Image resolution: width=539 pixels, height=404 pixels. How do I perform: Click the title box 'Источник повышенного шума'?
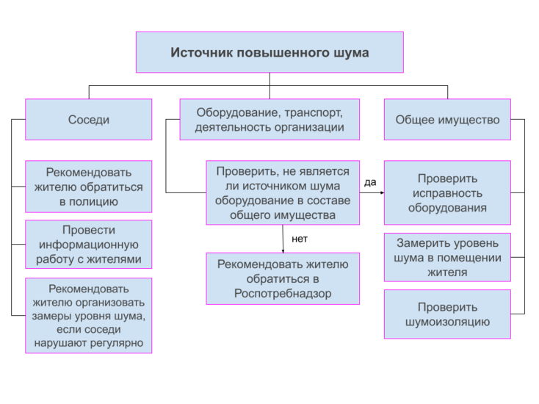coord(269,52)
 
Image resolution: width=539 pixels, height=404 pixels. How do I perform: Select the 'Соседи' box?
coord(89,120)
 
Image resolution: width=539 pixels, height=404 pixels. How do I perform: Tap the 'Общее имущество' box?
coord(447,120)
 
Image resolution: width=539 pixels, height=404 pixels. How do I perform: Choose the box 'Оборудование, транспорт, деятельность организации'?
coord(269,120)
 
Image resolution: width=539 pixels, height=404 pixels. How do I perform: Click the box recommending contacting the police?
coord(89,187)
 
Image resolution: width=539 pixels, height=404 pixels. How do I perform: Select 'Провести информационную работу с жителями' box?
coord(89,245)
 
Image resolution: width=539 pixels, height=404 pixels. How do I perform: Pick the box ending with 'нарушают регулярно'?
coord(89,315)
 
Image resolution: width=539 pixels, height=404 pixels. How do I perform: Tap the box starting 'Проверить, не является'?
coord(283,193)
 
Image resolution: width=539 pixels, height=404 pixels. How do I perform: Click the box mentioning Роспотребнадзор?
coord(283,278)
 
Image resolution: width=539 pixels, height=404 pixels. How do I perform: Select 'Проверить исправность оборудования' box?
coord(447,193)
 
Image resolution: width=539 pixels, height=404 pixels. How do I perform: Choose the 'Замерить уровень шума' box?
coord(447,257)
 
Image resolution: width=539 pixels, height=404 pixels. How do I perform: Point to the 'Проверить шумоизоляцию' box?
coord(447,314)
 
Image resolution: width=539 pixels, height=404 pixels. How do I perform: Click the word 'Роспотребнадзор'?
coord(283,292)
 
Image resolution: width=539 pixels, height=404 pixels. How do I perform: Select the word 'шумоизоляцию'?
coord(447,322)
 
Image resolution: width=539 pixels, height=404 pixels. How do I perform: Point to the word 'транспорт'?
coord(314,112)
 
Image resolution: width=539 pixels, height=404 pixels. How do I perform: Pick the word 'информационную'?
coord(88,245)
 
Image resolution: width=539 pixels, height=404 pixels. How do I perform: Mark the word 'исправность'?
coord(447,193)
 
